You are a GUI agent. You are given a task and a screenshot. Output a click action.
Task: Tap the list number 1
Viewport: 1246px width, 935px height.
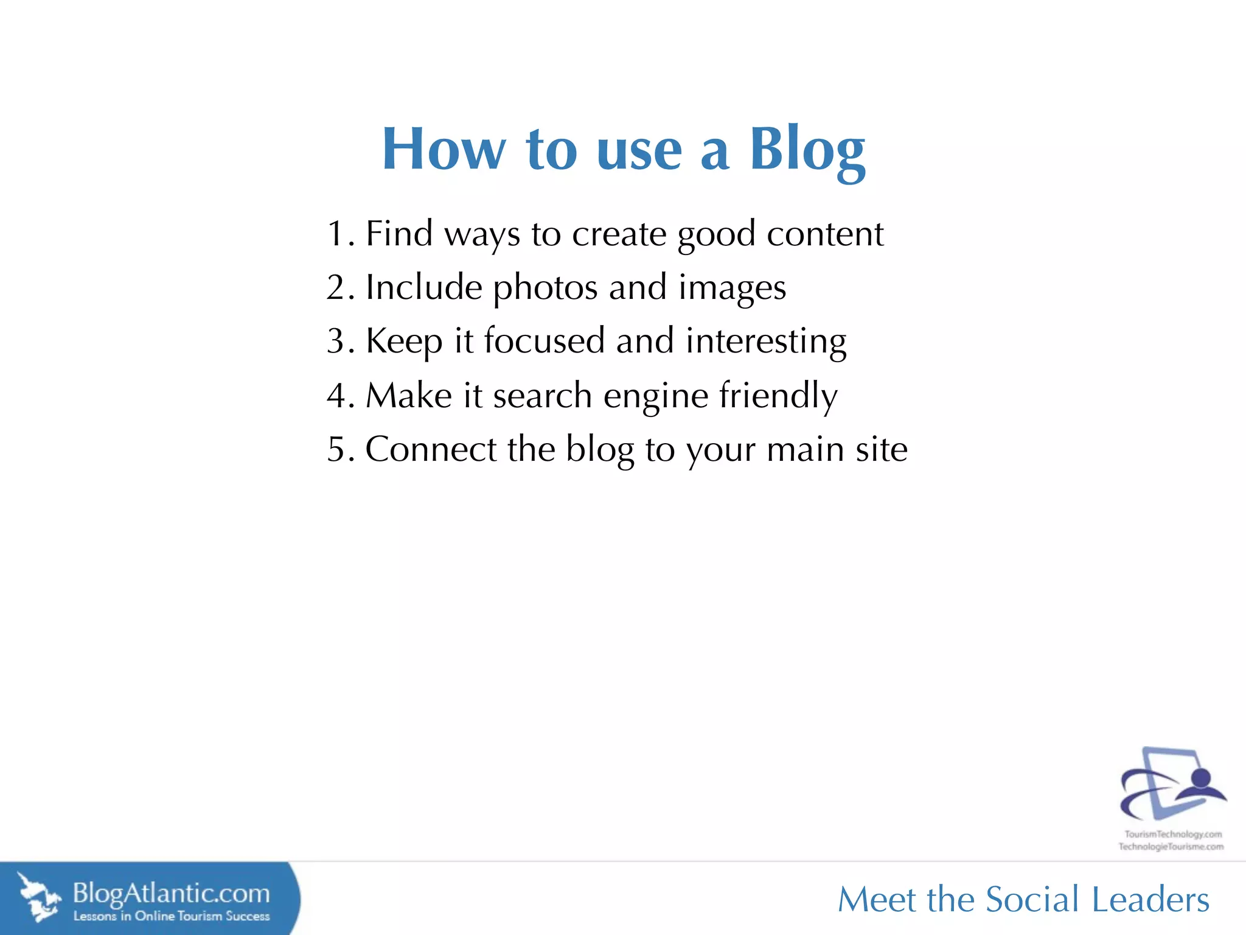(336, 234)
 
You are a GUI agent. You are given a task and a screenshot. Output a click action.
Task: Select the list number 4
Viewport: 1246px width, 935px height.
(336, 396)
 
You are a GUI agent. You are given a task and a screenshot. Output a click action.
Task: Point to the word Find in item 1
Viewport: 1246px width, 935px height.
(399, 234)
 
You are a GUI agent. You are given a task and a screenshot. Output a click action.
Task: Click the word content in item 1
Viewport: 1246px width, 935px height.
(824, 234)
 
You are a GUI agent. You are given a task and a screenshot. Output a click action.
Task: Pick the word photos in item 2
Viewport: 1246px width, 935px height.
(545, 287)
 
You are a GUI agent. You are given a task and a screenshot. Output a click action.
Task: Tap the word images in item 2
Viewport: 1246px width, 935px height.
(732, 287)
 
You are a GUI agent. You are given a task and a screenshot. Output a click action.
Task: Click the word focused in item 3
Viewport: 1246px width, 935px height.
(544, 341)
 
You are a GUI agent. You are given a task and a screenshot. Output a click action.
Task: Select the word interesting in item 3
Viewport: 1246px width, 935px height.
(766, 341)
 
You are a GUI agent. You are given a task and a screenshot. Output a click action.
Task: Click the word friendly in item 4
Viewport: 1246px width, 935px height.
(778, 396)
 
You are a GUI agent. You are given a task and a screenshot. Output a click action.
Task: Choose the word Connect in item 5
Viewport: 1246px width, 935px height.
(431, 449)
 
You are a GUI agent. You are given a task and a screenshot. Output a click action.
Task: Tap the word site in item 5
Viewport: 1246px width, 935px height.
(882, 449)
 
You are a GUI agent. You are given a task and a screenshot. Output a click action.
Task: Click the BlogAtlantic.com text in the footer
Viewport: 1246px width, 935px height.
(171, 894)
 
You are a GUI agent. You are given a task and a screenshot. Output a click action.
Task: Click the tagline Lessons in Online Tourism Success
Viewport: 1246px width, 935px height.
(171, 916)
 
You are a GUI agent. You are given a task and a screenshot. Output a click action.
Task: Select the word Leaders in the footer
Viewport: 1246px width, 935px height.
(1150, 900)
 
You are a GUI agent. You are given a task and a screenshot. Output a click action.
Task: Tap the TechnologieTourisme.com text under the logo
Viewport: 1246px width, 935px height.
(1171, 847)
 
